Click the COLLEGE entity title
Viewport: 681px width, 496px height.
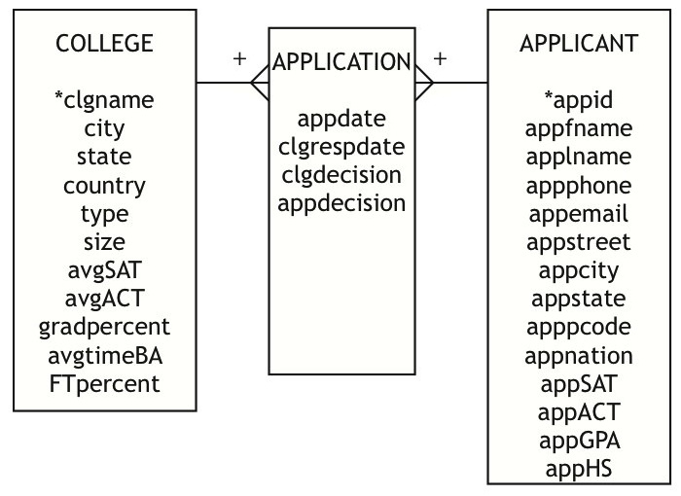(104, 43)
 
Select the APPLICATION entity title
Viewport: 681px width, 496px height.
(341, 61)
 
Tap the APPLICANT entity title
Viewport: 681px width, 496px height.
(579, 43)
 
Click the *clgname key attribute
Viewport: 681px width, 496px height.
(104, 100)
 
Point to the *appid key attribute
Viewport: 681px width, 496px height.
(579, 100)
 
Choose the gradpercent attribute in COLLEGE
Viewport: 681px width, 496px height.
(104, 327)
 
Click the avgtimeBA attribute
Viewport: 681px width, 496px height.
(105, 356)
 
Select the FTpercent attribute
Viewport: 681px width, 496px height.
(104, 384)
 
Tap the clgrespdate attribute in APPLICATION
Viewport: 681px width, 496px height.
(341, 147)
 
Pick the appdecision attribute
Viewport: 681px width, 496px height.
(341, 203)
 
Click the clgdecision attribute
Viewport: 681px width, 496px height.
(341, 175)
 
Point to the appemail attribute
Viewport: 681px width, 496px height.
(579, 214)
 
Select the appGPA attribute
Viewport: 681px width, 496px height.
(580, 441)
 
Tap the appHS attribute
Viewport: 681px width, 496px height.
(579, 469)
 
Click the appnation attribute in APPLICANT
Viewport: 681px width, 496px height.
(579, 356)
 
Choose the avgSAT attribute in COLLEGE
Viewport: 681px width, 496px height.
(105, 270)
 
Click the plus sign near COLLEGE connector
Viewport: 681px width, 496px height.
(239, 58)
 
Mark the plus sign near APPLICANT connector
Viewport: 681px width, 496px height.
(440, 58)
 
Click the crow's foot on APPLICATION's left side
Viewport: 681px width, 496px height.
(260, 83)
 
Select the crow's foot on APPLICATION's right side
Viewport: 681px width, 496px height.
(424, 83)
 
